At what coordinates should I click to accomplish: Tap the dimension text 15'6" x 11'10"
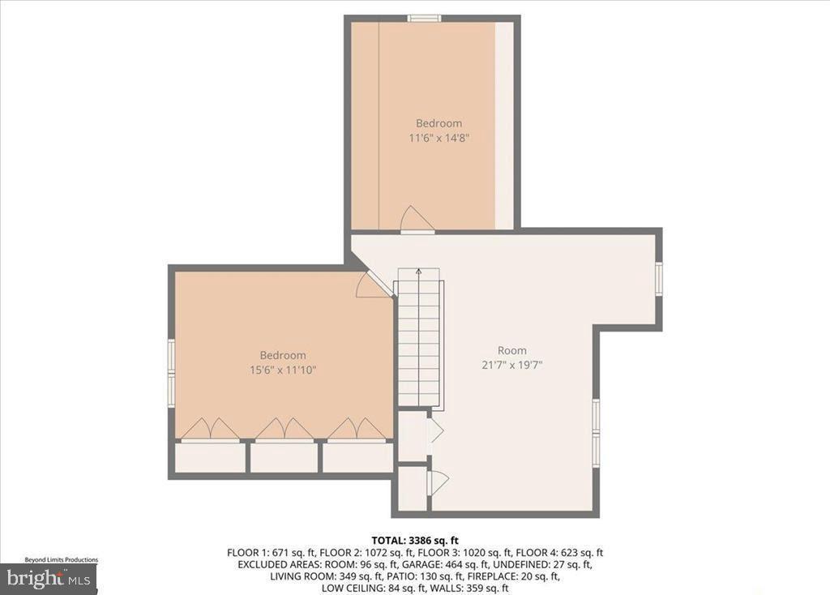pyautogui.click(x=283, y=370)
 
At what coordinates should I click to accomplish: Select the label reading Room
pyautogui.click(x=511, y=350)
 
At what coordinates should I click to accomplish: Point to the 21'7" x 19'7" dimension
pyautogui.click(x=511, y=365)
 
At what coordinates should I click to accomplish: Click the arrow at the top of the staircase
pyautogui.click(x=418, y=272)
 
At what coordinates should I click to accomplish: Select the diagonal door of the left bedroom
pyautogui.click(x=374, y=284)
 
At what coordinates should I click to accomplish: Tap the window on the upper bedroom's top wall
pyautogui.click(x=424, y=18)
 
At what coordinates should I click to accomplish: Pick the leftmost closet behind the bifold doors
pyautogui.click(x=210, y=457)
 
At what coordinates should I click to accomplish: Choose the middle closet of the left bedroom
pyautogui.click(x=284, y=457)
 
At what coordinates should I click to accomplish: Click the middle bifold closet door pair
pyautogui.click(x=284, y=430)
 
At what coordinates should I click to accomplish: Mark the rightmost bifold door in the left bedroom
pyautogui.click(x=357, y=430)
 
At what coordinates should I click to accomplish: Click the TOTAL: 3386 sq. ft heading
pyautogui.click(x=415, y=540)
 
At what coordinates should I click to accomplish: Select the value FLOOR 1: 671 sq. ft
pyautogui.click(x=265, y=552)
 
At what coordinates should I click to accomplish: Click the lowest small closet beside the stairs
pyautogui.click(x=413, y=487)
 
